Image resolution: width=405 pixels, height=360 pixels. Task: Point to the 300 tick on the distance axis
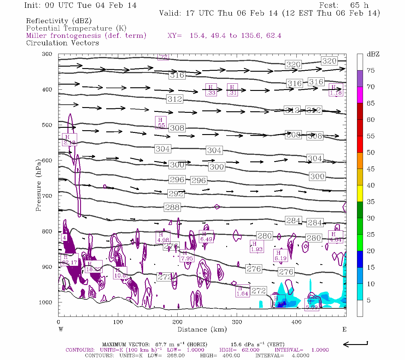237,322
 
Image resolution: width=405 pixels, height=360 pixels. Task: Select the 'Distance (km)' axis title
202,329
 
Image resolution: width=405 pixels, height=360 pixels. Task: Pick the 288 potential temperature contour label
172,207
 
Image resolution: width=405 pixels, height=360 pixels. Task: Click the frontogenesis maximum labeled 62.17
69,260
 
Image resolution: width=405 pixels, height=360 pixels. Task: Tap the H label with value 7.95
187,256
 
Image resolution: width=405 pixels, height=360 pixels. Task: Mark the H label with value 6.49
206,237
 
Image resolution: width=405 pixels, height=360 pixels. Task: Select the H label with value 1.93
256,247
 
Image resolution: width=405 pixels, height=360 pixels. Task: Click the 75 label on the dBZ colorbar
371,70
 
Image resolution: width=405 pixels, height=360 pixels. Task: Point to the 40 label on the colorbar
371,185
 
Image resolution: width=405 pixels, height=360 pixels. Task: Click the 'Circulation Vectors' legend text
62,43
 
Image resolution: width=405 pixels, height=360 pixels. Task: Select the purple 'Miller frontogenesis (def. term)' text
86,36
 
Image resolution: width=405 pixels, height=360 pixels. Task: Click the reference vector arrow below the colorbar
355,344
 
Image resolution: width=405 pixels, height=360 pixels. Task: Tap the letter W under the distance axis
61,329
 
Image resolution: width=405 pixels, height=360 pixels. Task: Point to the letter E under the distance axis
344,329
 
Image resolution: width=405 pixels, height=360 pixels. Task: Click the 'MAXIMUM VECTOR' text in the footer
126,344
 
